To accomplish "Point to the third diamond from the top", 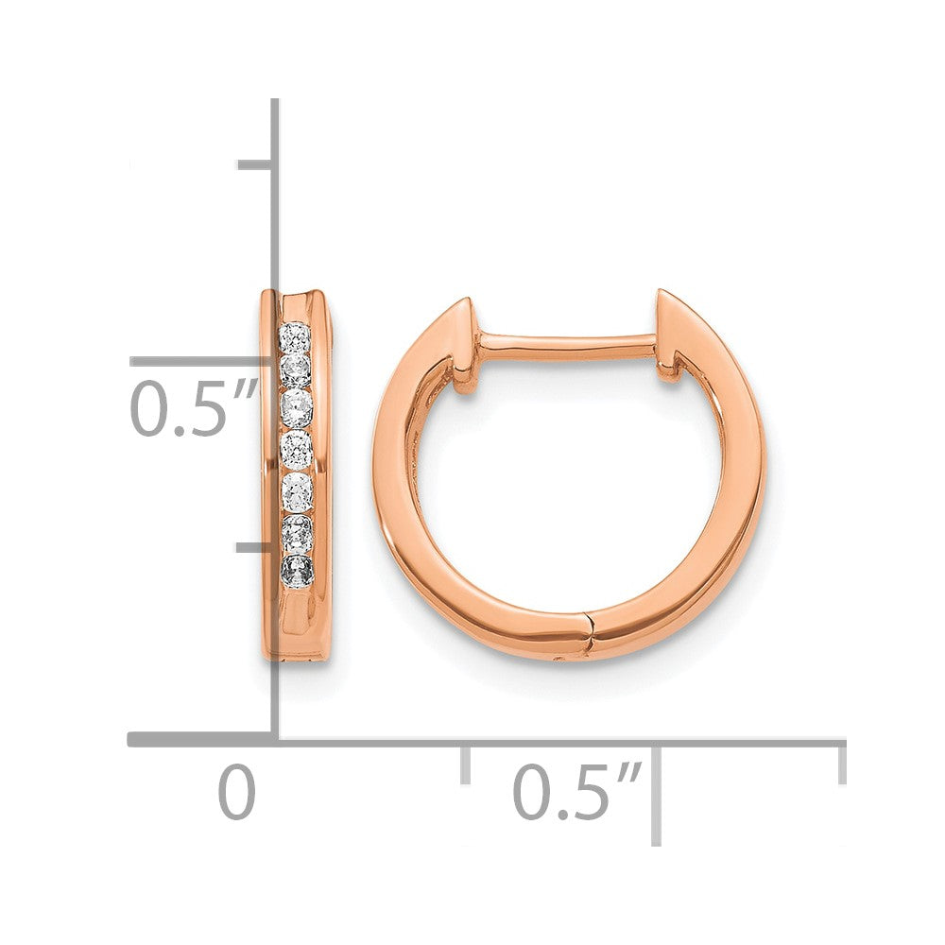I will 297,407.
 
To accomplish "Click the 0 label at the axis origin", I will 237,792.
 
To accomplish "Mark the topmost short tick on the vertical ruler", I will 255,165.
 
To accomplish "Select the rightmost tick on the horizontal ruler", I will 841,764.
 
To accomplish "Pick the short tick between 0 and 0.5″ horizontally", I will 465,764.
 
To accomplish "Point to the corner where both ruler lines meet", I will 275,740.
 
